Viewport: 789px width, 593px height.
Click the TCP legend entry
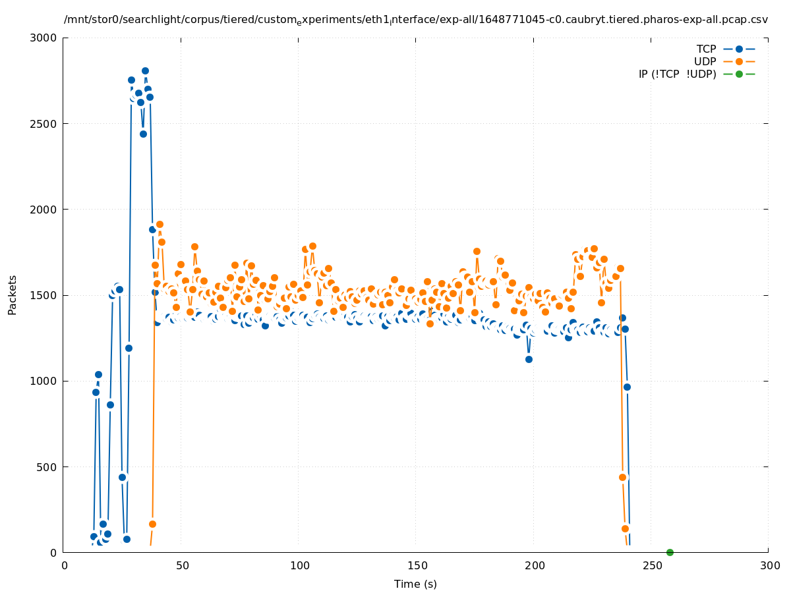(706, 49)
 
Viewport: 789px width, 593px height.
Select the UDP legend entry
(705, 61)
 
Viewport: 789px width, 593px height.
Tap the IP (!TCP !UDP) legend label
(677, 74)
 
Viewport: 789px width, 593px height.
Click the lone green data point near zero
(670, 552)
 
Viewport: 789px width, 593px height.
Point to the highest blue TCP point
(145, 71)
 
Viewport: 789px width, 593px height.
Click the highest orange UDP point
(160, 224)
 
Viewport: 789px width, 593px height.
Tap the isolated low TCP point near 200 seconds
(529, 359)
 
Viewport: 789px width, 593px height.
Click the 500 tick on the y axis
(51, 466)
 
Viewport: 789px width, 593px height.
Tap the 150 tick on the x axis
(416, 565)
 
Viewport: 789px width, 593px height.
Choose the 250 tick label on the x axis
(651, 565)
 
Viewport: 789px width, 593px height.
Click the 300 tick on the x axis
(769, 565)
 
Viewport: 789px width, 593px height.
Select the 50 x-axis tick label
(182, 565)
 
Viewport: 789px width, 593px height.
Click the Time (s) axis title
(415, 584)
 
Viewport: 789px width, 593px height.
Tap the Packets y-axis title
(13, 295)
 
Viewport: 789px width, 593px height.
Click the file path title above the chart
(415, 20)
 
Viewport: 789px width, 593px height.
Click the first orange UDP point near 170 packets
(152, 524)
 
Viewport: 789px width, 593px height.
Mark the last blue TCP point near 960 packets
(627, 387)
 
